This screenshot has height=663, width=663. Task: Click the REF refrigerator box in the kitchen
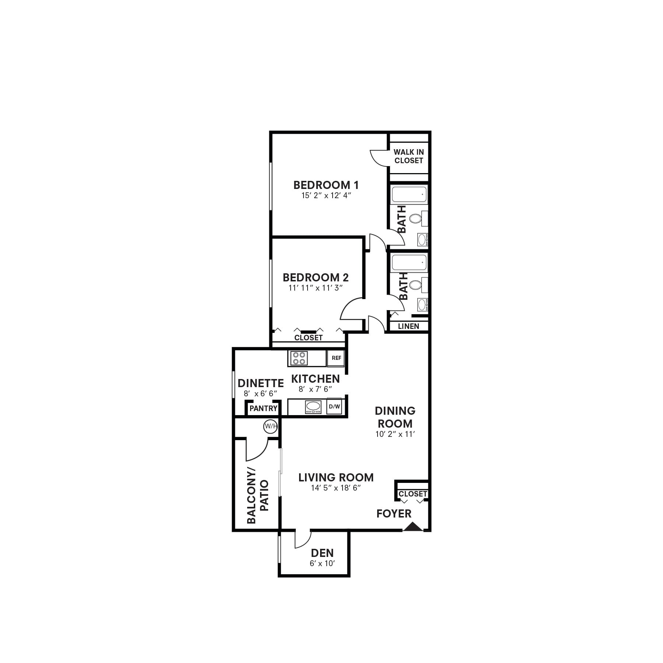click(336, 358)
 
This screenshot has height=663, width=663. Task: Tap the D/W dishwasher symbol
click(334, 407)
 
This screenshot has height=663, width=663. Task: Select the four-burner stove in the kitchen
click(299, 358)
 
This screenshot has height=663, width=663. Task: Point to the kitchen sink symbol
click(313, 407)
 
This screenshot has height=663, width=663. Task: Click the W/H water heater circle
click(270, 427)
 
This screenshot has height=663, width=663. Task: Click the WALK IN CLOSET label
click(408, 156)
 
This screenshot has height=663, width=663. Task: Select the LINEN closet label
click(408, 326)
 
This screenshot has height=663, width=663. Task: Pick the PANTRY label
click(263, 408)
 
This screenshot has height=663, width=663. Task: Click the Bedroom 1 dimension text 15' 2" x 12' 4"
click(326, 196)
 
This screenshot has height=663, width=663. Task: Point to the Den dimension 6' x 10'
click(322, 563)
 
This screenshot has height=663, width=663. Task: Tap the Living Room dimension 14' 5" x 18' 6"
click(336, 488)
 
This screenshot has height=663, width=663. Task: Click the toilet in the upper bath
click(415, 219)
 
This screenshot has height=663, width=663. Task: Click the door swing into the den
click(302, 540)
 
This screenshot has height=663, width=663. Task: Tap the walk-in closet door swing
click(379, 158)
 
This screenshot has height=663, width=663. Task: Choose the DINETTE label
click(261, 383)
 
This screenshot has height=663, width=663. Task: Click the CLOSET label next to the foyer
click(413, 494)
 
